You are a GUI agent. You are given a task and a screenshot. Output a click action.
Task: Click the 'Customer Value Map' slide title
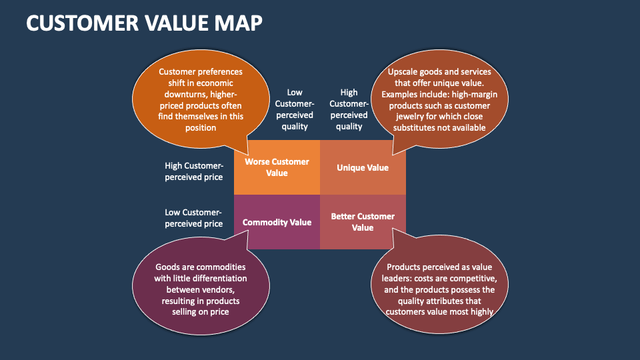point(144,23)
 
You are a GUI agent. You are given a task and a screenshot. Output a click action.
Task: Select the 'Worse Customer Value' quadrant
point(277,167)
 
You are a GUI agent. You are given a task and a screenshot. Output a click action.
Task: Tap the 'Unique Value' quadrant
point(363,167)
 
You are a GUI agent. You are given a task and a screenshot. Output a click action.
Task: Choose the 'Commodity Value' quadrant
point(277,222)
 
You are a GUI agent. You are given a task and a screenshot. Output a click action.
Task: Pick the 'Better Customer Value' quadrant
point(363,222)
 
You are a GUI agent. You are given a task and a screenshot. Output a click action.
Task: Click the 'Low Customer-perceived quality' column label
point(294,109)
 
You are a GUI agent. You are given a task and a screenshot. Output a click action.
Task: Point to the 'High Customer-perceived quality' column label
point(349,109)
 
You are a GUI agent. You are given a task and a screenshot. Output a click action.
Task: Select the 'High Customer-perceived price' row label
point(194,171)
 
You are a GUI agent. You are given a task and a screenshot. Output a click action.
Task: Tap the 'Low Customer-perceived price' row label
point(194,218)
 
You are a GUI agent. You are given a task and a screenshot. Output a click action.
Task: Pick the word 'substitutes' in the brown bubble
point(413,128)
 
